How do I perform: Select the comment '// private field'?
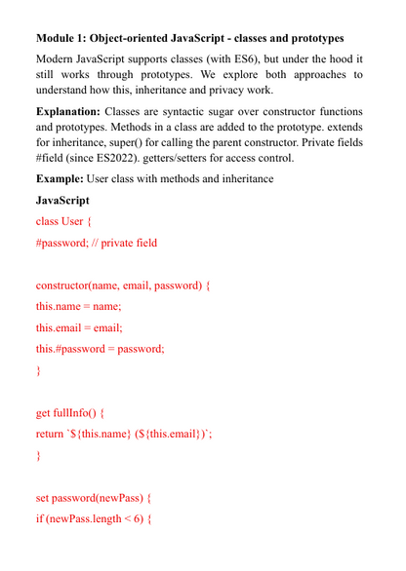click(x=122, y=243)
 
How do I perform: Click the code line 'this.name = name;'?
click(x=78, y=306)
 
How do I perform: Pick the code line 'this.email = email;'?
click(x=79, y=327)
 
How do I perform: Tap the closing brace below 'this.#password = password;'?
click(x=39, y=370)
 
